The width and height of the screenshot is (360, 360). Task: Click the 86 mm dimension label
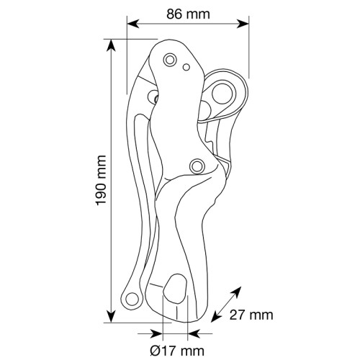188,14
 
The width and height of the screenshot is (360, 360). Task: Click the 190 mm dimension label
101,180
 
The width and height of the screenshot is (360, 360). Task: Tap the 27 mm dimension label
251,315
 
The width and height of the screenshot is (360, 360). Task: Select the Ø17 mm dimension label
177,351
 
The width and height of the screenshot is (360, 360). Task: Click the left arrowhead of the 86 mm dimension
133,24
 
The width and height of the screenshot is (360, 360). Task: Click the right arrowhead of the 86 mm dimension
243,24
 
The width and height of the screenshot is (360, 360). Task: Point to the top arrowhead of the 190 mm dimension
111,45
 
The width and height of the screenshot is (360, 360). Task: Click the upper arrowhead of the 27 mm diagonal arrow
236,292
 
